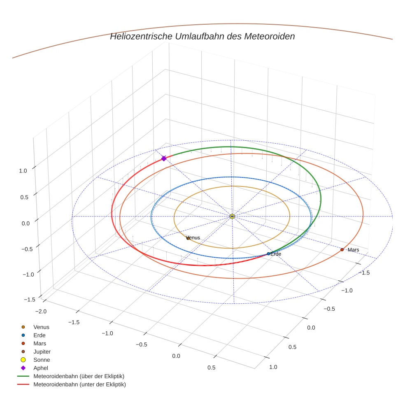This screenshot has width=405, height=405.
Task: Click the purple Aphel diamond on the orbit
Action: click(164, 158)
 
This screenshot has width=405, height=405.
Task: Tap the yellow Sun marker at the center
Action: click(232, 216)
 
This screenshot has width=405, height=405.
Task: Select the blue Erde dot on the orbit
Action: click(268, 254)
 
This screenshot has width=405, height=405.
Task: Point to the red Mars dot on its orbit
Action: click(342, 249)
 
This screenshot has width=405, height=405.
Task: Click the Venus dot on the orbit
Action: click(188, 238)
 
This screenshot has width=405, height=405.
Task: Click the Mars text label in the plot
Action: click(353, 250)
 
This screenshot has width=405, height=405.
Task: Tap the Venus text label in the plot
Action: click(193, 237)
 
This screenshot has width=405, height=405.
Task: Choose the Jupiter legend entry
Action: click(42, 351)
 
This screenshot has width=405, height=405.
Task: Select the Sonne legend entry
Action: click(42, 360)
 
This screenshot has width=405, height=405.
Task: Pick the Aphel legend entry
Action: click(41, 368)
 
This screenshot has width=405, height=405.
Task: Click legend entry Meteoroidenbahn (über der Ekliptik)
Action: click(79, 376)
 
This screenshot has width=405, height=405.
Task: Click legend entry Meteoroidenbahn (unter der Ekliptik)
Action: click(79, 384)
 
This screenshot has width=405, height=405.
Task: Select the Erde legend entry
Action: click(40, 335)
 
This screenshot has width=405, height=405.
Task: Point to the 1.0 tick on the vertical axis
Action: click(23, 170)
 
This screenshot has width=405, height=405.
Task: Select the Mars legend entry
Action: click(40, 343)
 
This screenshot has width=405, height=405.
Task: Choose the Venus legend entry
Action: click(41, 327)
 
